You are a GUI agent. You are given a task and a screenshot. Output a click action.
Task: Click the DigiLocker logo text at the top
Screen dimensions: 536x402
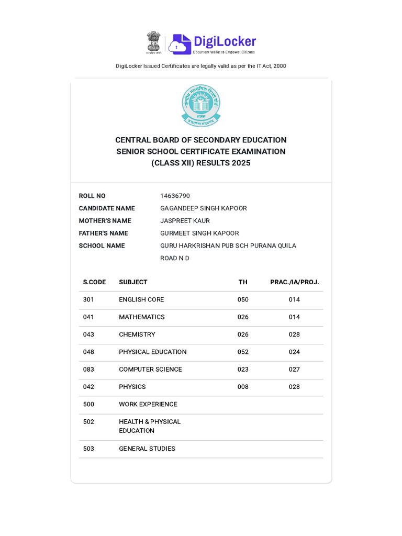click(225, 42)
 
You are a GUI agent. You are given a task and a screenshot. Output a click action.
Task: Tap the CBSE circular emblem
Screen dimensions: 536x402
click(201, 105)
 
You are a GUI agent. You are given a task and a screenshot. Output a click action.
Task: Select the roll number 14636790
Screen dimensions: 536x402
click(175, 196)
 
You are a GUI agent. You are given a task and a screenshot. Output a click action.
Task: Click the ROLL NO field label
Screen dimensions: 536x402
click(92, 196)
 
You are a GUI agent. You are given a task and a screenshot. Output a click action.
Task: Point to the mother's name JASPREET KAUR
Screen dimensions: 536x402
click(185, 221)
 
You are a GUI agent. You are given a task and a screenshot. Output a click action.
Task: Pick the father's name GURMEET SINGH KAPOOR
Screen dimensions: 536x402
click(199, 233)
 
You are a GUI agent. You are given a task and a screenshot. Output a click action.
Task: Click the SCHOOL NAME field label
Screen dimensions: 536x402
click(102, 246)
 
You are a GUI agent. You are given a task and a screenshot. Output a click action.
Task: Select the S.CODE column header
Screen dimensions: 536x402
click(94, 282)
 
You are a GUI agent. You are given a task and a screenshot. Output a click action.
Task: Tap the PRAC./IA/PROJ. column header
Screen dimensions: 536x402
click(294, 282)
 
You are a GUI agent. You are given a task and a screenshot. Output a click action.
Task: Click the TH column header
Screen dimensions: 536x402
click(243, 282)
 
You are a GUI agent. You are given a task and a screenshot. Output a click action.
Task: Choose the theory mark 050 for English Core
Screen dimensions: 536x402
click(243, 300)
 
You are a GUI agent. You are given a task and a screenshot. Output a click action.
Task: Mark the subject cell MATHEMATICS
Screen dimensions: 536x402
click(142, 317)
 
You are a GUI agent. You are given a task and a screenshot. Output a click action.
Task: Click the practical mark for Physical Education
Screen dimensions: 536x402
click(294, 352)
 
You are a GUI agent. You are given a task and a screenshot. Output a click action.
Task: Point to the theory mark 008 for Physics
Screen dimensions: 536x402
click(243, 387)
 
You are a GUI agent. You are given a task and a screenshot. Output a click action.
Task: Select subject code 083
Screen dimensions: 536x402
click(88, 370)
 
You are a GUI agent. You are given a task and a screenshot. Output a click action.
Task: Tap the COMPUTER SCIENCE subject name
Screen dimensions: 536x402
click(150, 370)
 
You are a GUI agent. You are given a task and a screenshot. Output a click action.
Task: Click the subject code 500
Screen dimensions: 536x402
click(88, 405)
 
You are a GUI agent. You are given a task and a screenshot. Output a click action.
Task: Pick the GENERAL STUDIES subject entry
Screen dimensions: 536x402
click(147, 449)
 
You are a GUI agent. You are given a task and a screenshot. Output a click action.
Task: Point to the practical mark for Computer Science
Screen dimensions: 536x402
click(294, 370)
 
